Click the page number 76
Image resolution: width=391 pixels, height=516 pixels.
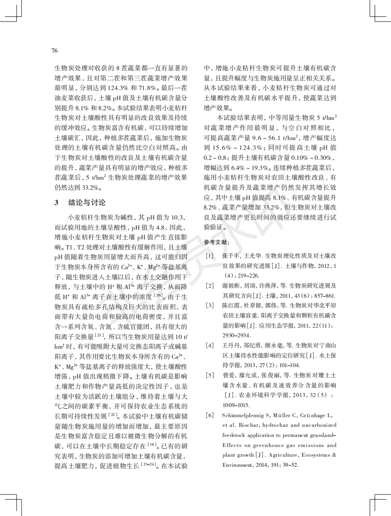(54, 51)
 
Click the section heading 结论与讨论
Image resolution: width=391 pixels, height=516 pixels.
(87, 202)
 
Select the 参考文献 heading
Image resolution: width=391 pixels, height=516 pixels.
(217, 242)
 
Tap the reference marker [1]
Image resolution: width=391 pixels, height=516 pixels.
(210, 256)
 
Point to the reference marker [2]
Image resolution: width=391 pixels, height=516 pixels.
(210, 286)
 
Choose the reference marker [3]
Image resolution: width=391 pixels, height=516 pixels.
(210, 306)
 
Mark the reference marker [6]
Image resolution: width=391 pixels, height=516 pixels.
(210, 415)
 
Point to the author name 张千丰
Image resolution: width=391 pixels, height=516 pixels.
(231, 256)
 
